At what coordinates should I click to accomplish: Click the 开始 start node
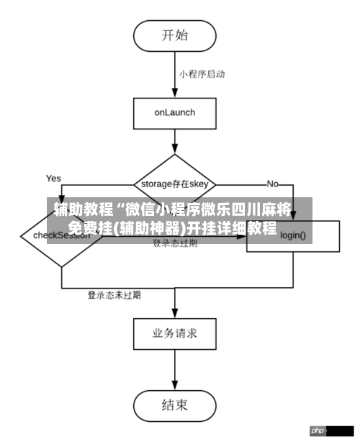(x=174, y=34)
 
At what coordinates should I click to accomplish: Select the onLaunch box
(x=174, y=112)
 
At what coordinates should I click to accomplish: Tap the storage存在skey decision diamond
(x=174, y=184)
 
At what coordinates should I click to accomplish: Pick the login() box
(x=293, y=235)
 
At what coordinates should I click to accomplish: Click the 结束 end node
(x=174, y=405)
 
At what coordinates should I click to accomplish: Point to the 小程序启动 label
(x=202, y=73)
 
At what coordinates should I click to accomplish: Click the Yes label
(x=53, y=178)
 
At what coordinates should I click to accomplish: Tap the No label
(x=272, y=184)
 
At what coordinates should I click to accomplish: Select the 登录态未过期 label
(x=114, y=295)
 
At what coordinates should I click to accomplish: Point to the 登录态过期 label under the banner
(x=175, y=244)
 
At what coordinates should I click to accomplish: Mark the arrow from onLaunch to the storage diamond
(x=174, y=141)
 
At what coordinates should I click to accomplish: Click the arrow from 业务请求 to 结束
(x=174, y=371)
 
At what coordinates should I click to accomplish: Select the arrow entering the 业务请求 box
(x=174, y=306)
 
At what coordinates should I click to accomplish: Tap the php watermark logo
(x=318, y=430)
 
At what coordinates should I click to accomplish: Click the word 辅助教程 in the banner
(x=84, y=210)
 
